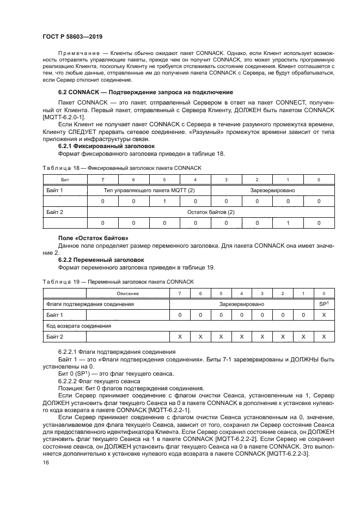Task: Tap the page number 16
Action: click(46, 462)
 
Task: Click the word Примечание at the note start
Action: click(77, 53)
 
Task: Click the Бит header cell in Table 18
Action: click(64, 179)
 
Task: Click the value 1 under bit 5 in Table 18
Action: click(164, 201)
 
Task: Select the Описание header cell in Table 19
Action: click(127, 294)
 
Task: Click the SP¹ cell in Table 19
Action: click(324, 304)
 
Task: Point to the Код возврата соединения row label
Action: click(78, 326)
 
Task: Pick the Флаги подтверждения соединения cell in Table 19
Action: click(90, 304)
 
